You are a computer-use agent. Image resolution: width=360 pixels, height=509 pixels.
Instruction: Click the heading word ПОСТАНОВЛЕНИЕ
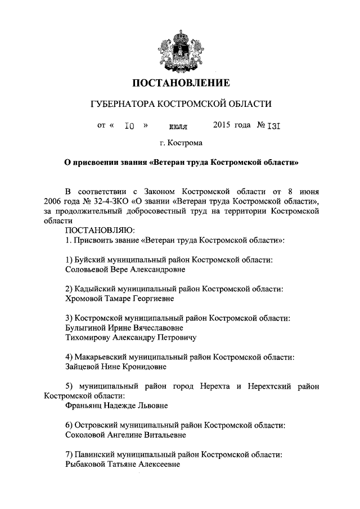click(181, 84)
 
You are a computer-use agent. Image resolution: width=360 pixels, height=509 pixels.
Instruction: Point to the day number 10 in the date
click(129, 127)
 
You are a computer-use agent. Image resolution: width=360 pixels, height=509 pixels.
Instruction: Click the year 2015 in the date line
click(223, 126)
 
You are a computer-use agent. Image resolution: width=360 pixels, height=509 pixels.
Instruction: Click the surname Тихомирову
click(89, 337)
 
